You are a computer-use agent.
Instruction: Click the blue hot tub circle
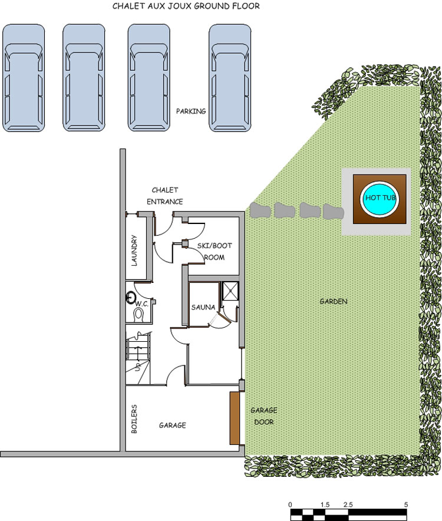point(379,197)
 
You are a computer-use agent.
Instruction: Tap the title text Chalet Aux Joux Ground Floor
point(186,6)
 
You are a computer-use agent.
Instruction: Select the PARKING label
point(192,111)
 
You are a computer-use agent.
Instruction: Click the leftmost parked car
point(24,78)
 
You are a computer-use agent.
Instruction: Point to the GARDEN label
point(333,301)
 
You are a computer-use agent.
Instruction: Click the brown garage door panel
point(235,418)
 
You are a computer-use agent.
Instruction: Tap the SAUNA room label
point(202,307)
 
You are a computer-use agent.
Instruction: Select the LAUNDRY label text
point(135,250)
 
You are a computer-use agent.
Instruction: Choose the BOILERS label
point(134,419)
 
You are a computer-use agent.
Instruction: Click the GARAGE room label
point(172,425)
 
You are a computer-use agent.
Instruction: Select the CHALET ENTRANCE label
point(165,196)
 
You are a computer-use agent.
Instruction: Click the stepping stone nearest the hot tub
point(333,212)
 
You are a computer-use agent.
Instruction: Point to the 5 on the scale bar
point(406,489)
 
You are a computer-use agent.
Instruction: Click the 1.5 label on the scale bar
point(325,489)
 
